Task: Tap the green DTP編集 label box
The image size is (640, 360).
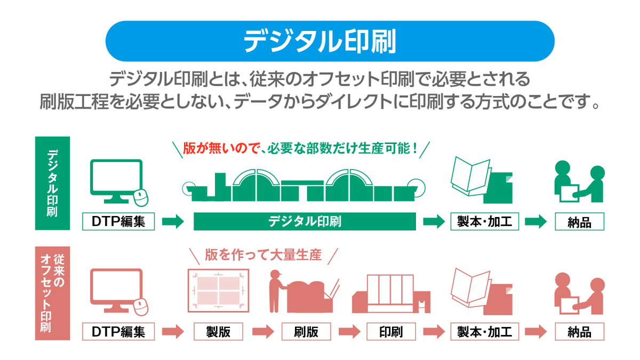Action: click(118, 221)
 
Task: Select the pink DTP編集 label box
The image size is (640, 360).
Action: click(118, 332)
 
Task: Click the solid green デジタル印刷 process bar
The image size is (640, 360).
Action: click(305, 221)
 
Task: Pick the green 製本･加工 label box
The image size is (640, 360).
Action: click(484, 221)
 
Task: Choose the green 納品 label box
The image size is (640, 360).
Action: click(580, 221)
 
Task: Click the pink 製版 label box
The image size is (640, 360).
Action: click(218, 332)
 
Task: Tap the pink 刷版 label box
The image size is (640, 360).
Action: click(306, 332)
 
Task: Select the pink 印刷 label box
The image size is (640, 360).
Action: click(391, 332)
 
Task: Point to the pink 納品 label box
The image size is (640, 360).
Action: click(580, 332)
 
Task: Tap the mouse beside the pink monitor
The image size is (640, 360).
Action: click(140, 308)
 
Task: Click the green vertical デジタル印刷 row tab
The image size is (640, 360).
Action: click(52, 184)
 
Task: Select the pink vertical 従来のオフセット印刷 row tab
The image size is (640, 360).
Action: click(52, 293)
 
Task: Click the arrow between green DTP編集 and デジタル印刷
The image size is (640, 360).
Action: click(173, 221)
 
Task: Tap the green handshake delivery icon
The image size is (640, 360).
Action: click(579, 182)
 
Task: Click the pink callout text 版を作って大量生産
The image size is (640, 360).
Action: click(263, 255)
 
